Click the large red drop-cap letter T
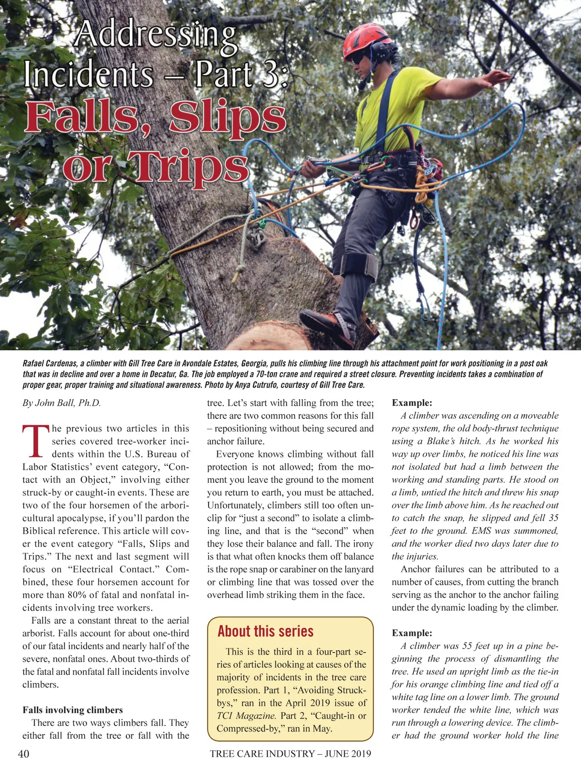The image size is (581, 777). click(36, 441)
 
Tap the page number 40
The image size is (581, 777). click(23, 753)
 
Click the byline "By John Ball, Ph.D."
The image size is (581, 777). click(61, 403)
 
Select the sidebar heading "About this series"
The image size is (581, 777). click(265, 631)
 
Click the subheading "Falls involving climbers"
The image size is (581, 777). click(73, 710)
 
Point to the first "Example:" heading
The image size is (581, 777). click(412, 403)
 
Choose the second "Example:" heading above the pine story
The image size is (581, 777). click(412, 633)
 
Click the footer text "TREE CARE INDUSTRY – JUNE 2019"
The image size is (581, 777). click(290, 753)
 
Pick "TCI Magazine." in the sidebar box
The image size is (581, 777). click(246, 716)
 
